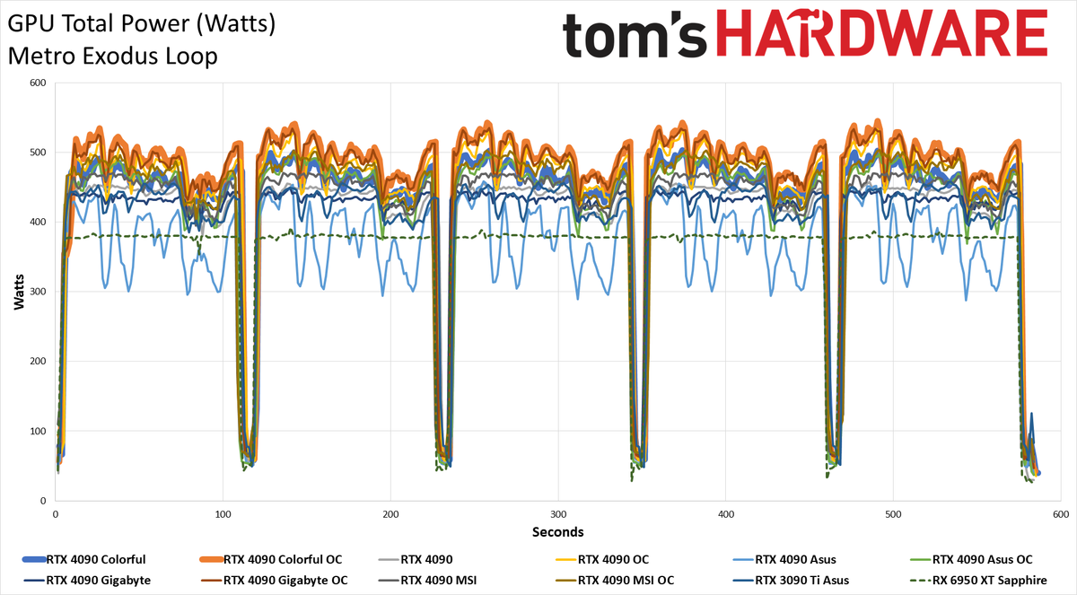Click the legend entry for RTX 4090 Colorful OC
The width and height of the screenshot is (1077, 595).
[x=271, y=559]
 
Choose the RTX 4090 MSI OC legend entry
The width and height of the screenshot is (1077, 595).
[x=615, y=580]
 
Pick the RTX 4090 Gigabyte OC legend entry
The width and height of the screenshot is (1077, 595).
[x=274, y=580]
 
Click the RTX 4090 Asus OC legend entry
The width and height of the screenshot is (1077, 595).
[x=971, y=559]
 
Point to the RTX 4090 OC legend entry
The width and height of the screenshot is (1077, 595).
[x=602, y=559]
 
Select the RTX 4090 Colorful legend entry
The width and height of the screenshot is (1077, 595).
[x=83, y=559]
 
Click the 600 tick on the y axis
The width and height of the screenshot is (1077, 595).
[x=38, y=83]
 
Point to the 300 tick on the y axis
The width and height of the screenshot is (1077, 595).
[x=38, y=292]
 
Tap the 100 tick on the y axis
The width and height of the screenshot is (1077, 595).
[x=38, y=431]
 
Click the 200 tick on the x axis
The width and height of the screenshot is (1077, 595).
[x=390, y=514]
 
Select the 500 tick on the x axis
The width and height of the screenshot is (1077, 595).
[x=893, y=514]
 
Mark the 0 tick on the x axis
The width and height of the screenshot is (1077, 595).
[x=56, y=514]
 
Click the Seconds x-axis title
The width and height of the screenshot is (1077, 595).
[x=557, y=532]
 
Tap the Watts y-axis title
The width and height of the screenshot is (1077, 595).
[x=19, y=292]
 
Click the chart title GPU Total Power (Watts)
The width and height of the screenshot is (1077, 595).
[x=142, y=24]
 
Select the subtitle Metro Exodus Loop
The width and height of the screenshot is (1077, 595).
[x=113, y=57]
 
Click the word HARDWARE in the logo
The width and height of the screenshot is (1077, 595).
[x=882, y=33]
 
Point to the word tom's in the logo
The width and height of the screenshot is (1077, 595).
[x=635, y=35]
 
